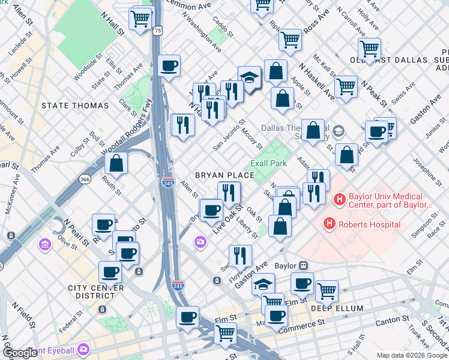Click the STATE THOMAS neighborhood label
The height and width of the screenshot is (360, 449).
75,106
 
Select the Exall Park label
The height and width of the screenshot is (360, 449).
269,163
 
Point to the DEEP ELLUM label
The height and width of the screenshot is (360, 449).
337,308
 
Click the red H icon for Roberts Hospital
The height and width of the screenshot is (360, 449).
329,224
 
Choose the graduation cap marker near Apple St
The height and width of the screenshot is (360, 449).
249,76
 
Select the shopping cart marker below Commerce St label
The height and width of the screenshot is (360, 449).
225,333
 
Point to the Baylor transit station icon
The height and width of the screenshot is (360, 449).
304,265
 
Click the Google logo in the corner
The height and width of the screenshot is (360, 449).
20,353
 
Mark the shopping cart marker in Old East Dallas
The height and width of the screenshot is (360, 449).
369,48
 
